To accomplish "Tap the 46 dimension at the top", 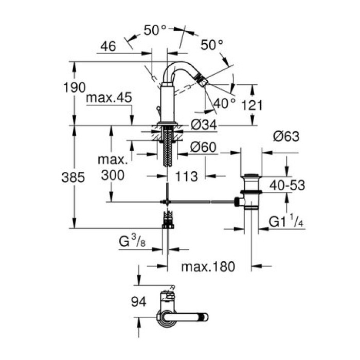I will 107,46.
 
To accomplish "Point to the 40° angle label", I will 225,103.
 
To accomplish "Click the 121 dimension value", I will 252,105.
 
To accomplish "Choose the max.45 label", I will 109,98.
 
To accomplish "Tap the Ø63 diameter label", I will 286,136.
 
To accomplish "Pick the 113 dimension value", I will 187,176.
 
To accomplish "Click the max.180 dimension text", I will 208,266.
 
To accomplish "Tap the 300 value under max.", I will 113,175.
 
